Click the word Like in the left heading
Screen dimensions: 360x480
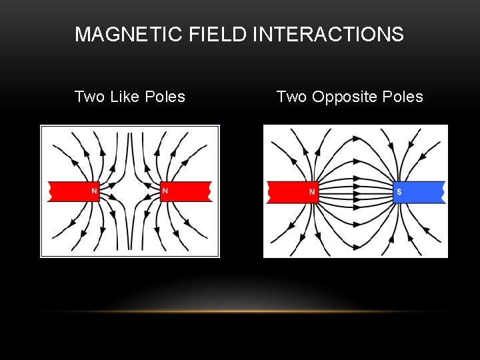pos(125,97)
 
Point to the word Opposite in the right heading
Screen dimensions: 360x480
pos(345,97)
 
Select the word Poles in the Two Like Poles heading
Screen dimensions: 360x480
pos(165,97)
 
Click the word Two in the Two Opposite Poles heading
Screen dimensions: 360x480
pos(291,97)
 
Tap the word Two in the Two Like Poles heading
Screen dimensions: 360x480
pos(89,97)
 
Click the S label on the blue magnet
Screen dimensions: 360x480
pos(399,192)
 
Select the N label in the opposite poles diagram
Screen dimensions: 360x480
pos(312,192)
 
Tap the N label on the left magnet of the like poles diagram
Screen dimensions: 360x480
pos(94,191)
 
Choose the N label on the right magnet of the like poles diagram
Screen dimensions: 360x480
pos(165,191)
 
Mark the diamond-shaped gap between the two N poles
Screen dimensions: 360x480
pos(130,191)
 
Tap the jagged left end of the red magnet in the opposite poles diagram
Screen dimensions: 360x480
pos(269,192)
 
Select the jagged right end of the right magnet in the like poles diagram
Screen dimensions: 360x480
pos(210,191)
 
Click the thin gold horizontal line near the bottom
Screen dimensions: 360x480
pos(240,311)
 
